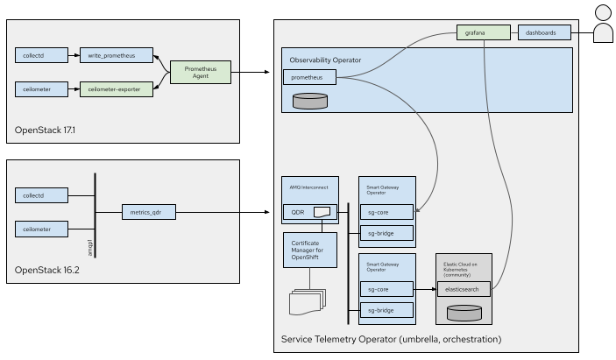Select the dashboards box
543,33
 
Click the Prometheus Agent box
200,72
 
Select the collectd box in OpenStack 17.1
42,55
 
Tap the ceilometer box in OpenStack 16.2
42,229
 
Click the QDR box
309,211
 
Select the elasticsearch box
464,288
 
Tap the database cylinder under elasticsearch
464,312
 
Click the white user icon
603,24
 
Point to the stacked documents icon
306,300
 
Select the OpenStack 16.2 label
45,270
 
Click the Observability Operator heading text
325,60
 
